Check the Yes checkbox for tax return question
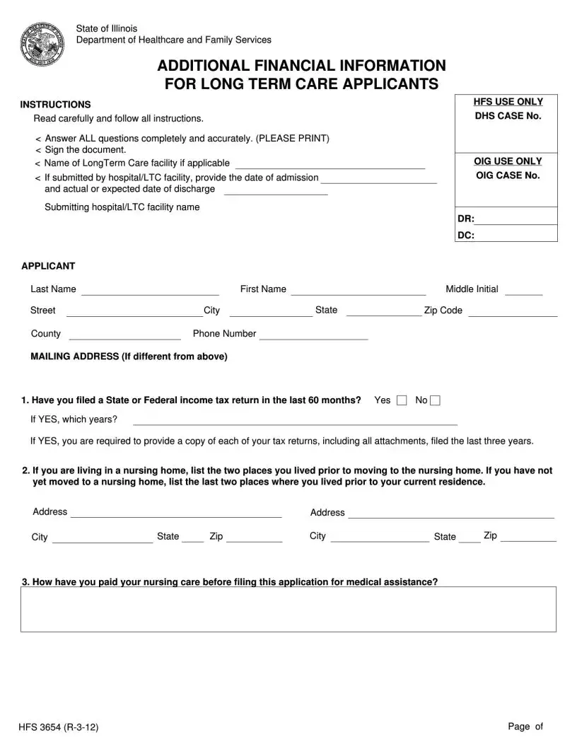(x=402, y=401)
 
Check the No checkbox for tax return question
(x=436, y=401)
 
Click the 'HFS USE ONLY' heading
(x=508, y=103)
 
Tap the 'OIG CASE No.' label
(x=508, y=175)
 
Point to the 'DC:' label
(x=465, y=236)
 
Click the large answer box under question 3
(x=288, y=609)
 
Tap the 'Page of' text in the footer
(x=525, y=726)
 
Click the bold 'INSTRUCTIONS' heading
(x=55, y=105)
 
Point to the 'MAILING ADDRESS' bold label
(x=129, y=357)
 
